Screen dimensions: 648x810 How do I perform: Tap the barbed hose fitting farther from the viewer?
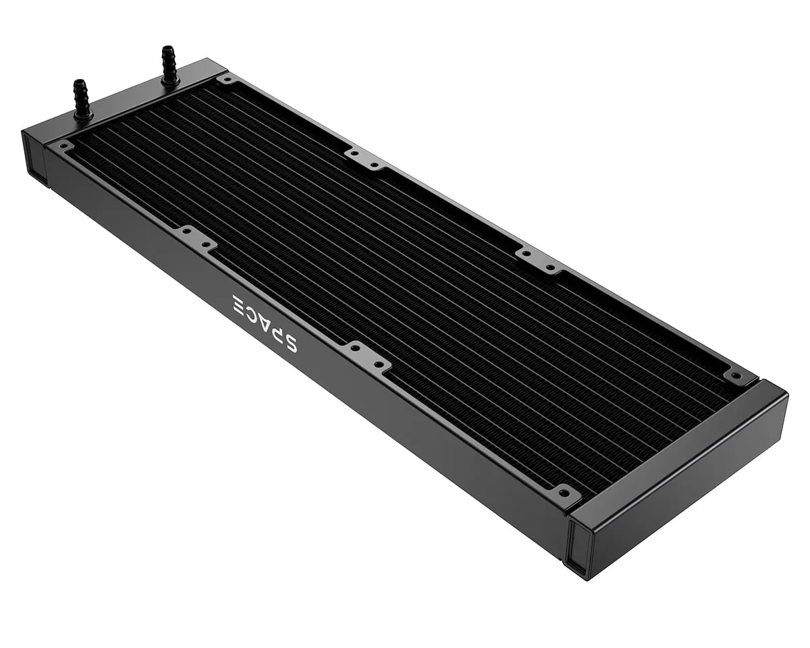(x=169, y=64)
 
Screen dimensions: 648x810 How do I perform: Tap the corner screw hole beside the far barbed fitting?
(x=227, y=80)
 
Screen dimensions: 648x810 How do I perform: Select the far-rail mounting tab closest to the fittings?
(x=364, y=159)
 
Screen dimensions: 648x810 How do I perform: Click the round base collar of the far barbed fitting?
(x=170, y=82)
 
